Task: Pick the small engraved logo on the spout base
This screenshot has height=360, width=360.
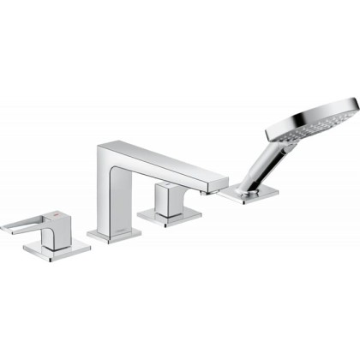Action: (126, 229)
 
